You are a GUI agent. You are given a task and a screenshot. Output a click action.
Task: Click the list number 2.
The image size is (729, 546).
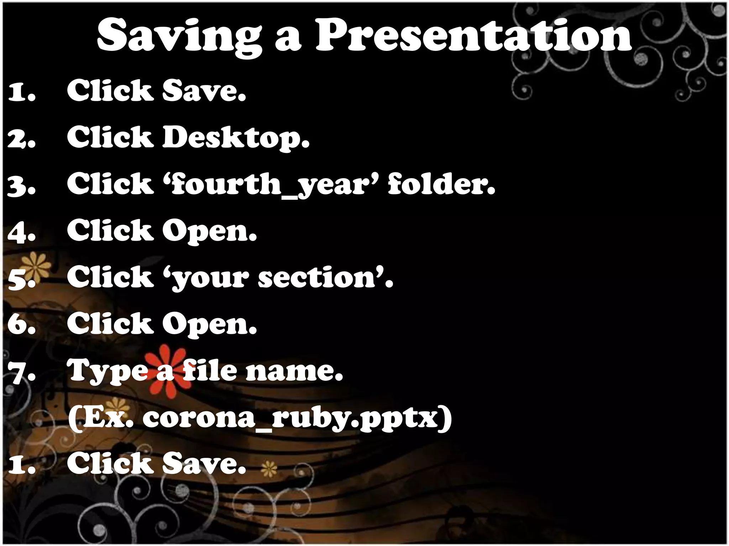pos(21,139)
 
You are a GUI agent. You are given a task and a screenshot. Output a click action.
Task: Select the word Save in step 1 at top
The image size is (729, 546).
pos(204,91)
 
